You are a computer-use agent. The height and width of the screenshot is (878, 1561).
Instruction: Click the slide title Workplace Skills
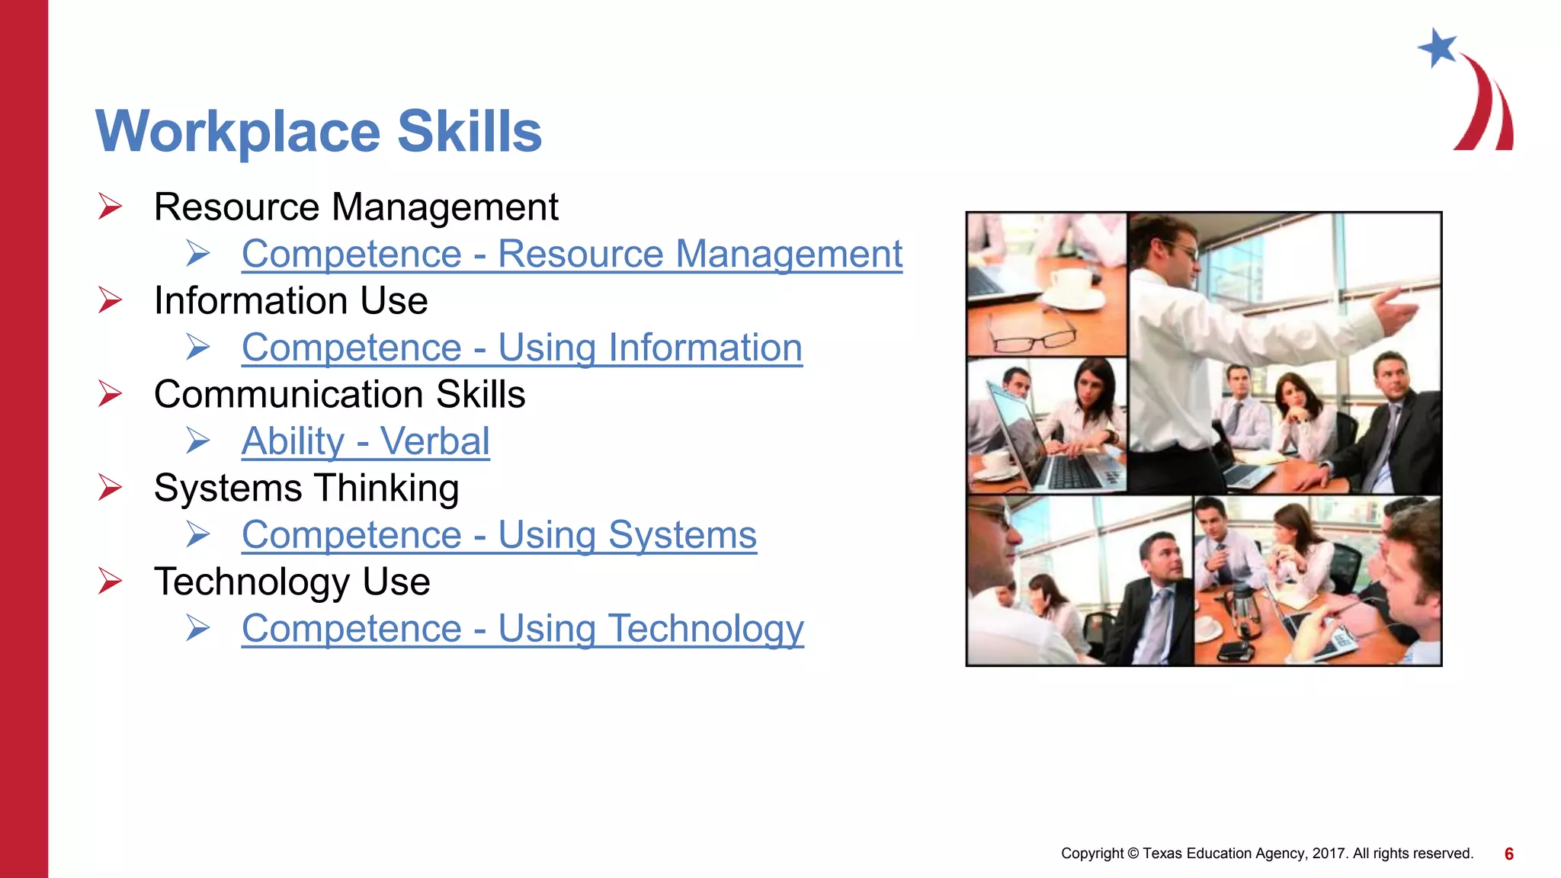319,132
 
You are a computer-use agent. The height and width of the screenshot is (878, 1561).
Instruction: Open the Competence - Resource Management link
572,254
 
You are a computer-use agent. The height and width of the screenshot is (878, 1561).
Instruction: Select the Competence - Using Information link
521,348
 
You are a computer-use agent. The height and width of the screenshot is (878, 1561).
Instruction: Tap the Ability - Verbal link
365,441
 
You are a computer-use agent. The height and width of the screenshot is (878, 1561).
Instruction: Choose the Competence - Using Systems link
498,535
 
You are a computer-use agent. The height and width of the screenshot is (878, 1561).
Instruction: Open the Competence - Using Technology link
522,629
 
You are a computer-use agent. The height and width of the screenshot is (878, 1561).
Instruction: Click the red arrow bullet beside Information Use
110,300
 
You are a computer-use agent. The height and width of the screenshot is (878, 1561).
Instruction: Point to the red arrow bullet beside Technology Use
110,582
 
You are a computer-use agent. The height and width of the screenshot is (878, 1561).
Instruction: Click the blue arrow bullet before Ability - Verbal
198,441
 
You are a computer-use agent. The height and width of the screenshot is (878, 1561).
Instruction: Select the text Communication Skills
339,395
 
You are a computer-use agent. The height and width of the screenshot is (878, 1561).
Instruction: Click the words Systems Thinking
306,489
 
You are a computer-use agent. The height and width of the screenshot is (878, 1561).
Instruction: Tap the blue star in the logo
1438,47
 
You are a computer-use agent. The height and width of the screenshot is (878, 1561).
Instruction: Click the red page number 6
1508,854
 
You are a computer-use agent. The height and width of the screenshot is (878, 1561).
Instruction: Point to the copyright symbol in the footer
1133,854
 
